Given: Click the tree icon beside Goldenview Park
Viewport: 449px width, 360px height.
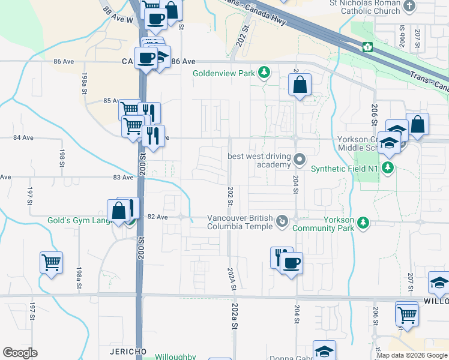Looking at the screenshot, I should pyautogui.click(x=264, y=74).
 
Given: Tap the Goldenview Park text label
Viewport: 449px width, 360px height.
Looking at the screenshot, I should pyautogui.click(x=223, y=74).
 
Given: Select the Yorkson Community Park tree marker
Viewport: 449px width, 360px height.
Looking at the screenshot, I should pyautogui.click(x=363, y=223).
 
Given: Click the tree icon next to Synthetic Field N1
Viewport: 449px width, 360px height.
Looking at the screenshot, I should pyautogui.click(x=388, y=168).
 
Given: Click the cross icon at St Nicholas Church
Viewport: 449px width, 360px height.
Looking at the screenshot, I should pyautogui.click(x=409, y=7).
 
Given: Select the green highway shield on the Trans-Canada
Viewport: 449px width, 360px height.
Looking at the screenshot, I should pyautogui.click(x=366, y=47).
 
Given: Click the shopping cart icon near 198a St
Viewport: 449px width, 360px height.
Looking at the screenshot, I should pyautogui.click(x=51, y=262).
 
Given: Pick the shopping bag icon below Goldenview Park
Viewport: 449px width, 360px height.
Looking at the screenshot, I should pyautogui.click(x=300, y=85).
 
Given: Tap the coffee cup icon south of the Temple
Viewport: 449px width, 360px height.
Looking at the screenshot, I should pyautogui.click(x=292, y=263).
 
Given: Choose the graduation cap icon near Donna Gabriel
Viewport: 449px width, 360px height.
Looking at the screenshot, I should pyautogui.click(x=324, y=351).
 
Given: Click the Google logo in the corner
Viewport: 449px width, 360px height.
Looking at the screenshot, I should pyautogui.click(x=20, y=353).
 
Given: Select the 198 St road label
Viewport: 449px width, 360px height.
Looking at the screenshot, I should pyautogui.click(x=62, y=158).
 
